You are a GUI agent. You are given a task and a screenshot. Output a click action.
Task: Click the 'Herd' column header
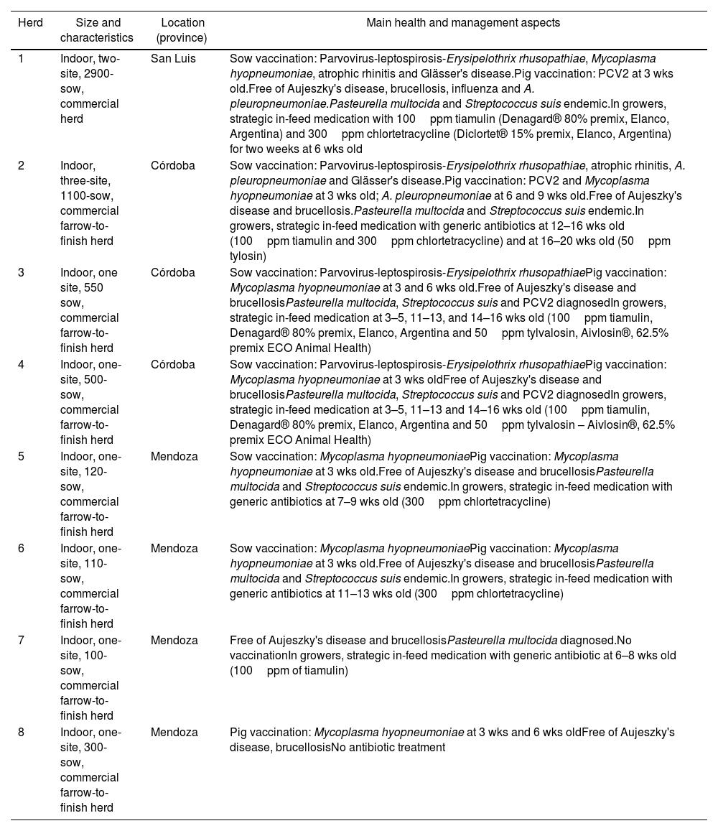(30, 23)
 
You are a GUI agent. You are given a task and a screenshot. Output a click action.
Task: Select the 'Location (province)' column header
(182, 30)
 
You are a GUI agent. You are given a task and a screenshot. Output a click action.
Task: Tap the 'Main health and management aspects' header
(458, 23)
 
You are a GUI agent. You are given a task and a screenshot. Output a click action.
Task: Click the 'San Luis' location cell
(173, 59)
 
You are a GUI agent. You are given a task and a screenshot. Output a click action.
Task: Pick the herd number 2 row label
(22, 165)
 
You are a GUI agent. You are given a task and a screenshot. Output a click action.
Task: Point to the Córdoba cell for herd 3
(172, 273)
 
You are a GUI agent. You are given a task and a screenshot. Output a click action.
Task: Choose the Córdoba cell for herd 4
(172, 365)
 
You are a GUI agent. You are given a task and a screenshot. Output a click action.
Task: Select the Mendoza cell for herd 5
(174, 457)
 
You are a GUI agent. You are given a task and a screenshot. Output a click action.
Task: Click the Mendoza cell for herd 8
(174, 733)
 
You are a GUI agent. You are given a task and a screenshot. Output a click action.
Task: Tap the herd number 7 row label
(22, 641)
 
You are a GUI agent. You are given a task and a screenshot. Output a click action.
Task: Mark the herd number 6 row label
(22, 549)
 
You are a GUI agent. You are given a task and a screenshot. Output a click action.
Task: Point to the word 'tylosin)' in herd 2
(248, 256)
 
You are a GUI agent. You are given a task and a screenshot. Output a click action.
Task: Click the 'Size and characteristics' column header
(98, 30)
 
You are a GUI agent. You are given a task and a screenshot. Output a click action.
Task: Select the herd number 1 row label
(22, 59)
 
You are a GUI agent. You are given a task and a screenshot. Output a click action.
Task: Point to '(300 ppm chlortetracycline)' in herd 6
(489, 594)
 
